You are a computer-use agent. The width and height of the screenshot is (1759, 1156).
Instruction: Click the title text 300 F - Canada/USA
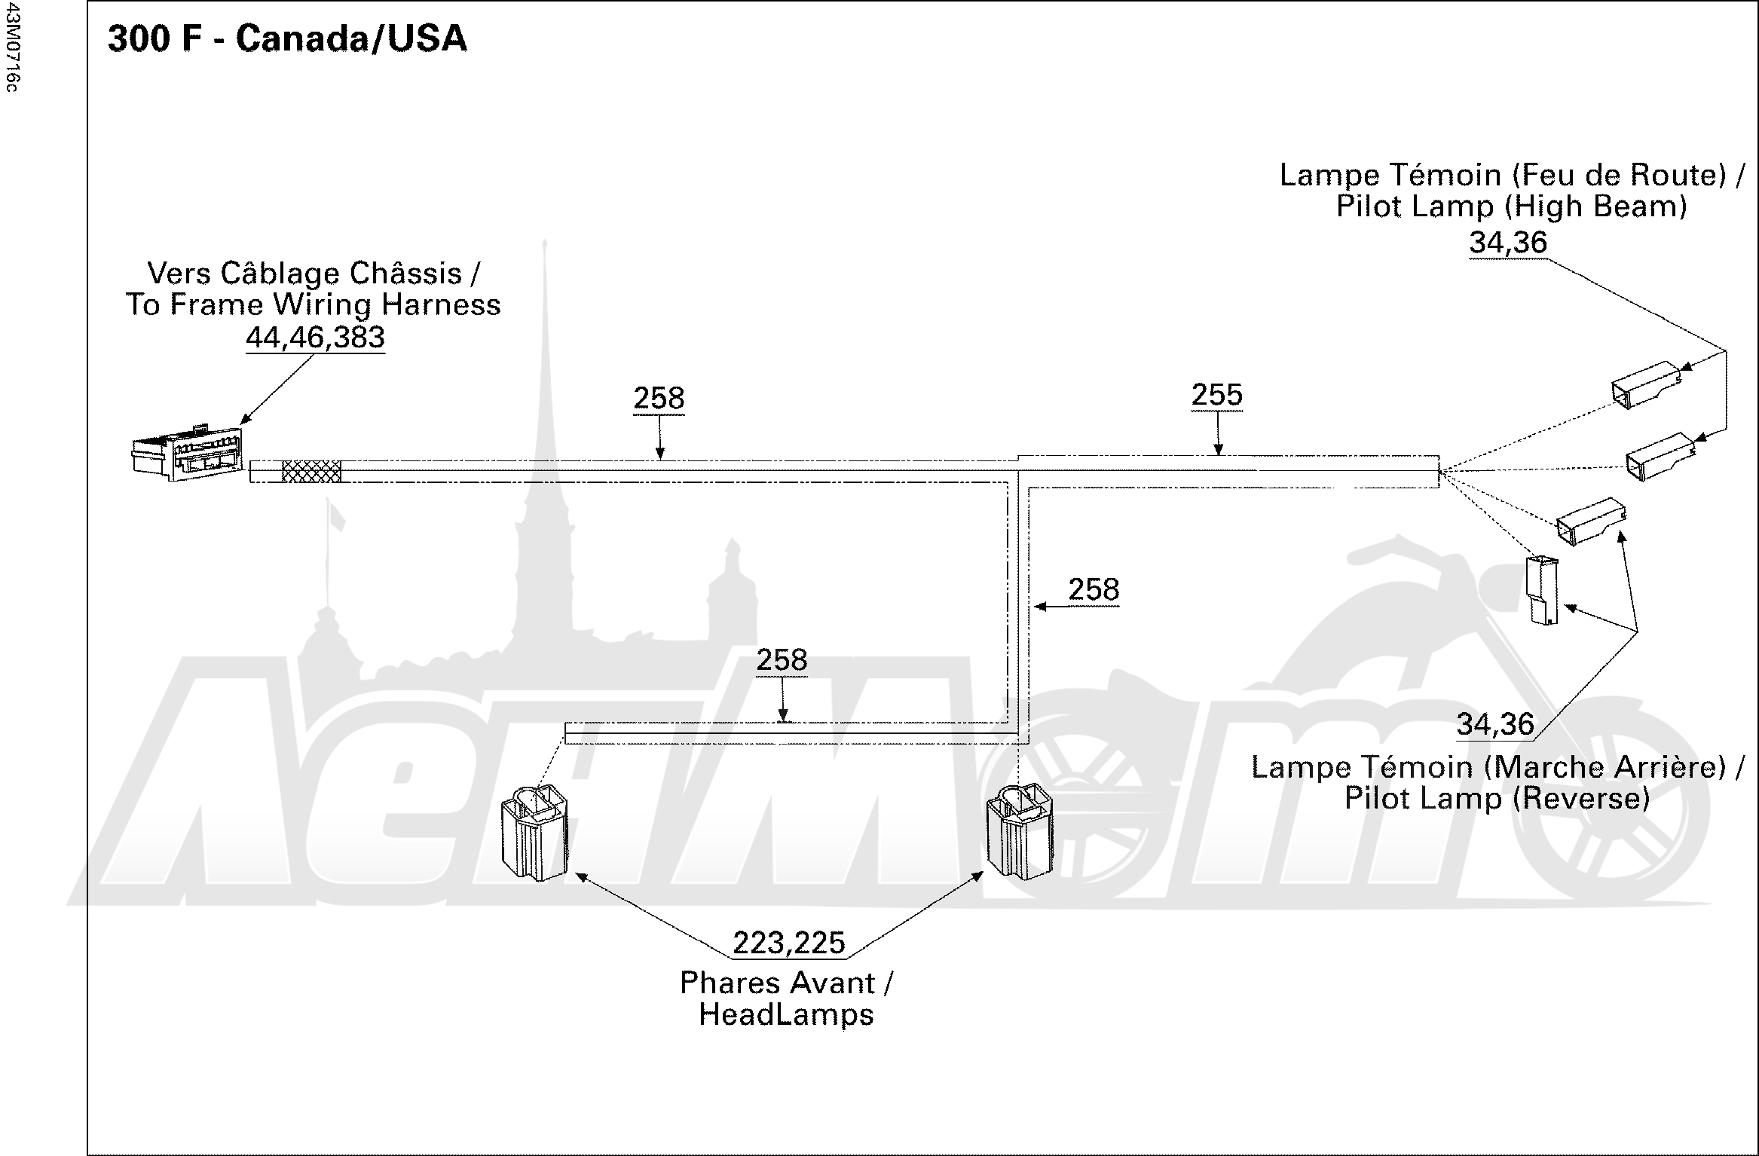click(x=287, y=38)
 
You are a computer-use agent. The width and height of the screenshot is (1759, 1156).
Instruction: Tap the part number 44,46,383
click(x=315, y=337)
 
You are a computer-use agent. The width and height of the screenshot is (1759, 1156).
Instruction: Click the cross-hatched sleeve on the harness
click(x=311, y=472)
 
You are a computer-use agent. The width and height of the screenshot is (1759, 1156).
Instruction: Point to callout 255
click(x=1217, y=395)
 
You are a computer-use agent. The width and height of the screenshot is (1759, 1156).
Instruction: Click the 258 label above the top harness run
click(x=659, y=398)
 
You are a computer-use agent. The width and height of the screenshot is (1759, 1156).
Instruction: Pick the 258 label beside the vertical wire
click(x=1094, y=589)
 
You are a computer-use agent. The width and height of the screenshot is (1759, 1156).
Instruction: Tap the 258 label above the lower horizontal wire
click(x=782, y=660)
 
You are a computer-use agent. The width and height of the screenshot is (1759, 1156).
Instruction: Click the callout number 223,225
click(x=789, y=943)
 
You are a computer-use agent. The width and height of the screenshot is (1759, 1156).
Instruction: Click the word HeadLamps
click(x=786, y=1014)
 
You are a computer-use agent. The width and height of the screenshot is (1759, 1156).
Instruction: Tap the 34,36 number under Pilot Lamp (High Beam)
click(x=1508, y=243)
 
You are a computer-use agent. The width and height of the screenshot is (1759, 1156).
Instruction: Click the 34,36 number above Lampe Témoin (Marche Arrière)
click(x=1495, y=724)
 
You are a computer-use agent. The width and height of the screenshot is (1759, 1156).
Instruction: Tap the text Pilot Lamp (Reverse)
click(x=1497, y=798)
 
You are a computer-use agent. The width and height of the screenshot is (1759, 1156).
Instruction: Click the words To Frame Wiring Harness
click(x=313, y=304)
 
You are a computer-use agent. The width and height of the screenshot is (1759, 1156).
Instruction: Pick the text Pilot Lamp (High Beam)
click(x=1511, y=206)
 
